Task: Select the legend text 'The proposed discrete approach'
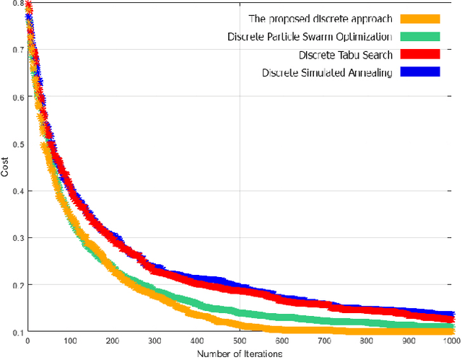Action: (309, 19)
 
